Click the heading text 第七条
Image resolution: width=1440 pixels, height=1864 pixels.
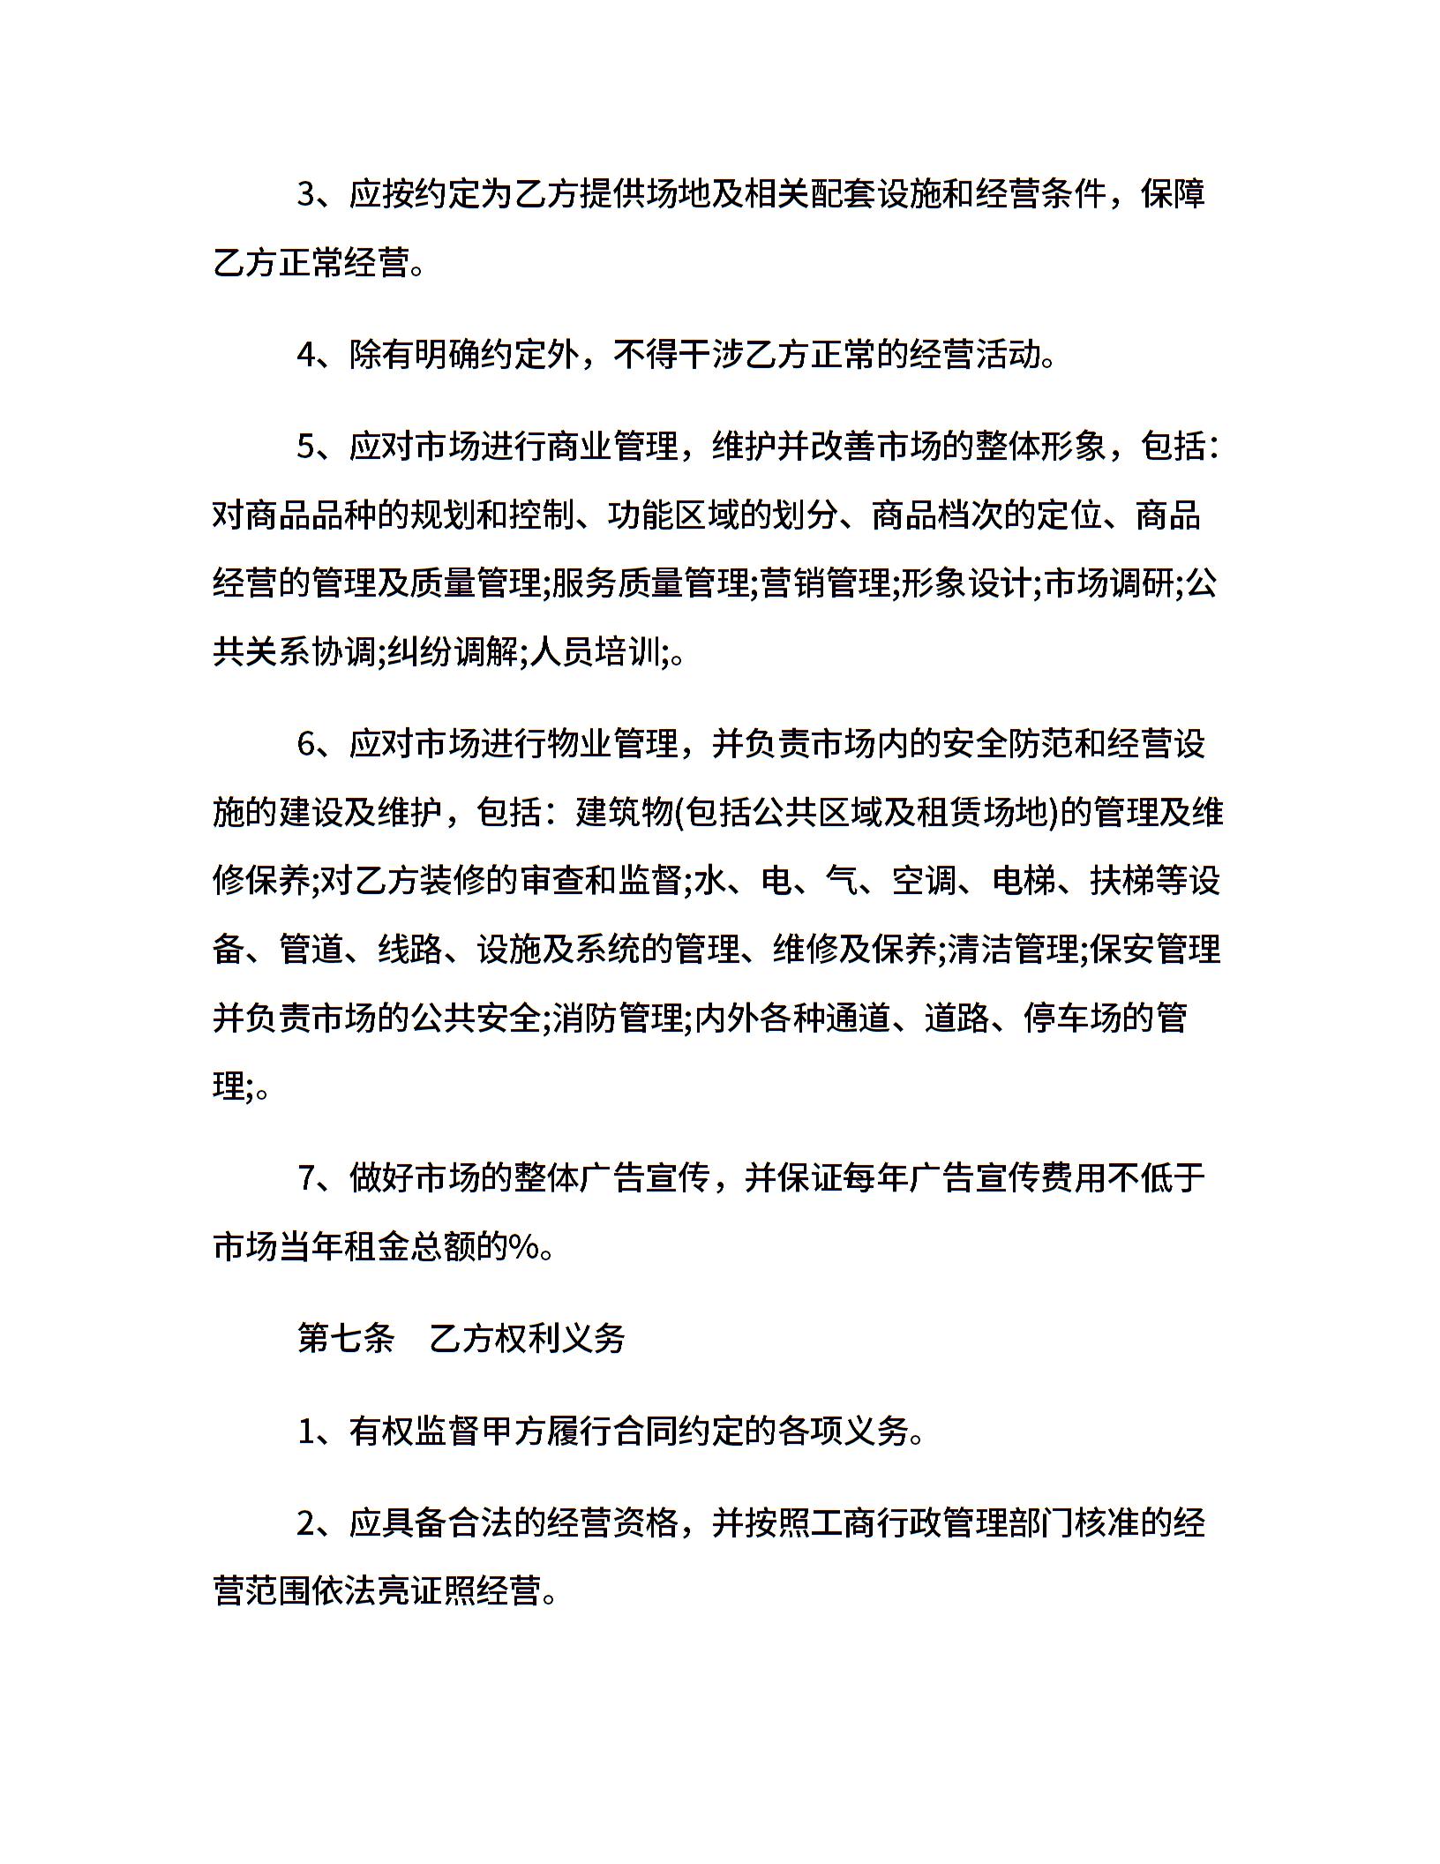tap(346, 1339)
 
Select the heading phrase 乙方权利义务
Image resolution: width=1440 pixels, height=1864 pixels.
tap(527, 1339)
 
